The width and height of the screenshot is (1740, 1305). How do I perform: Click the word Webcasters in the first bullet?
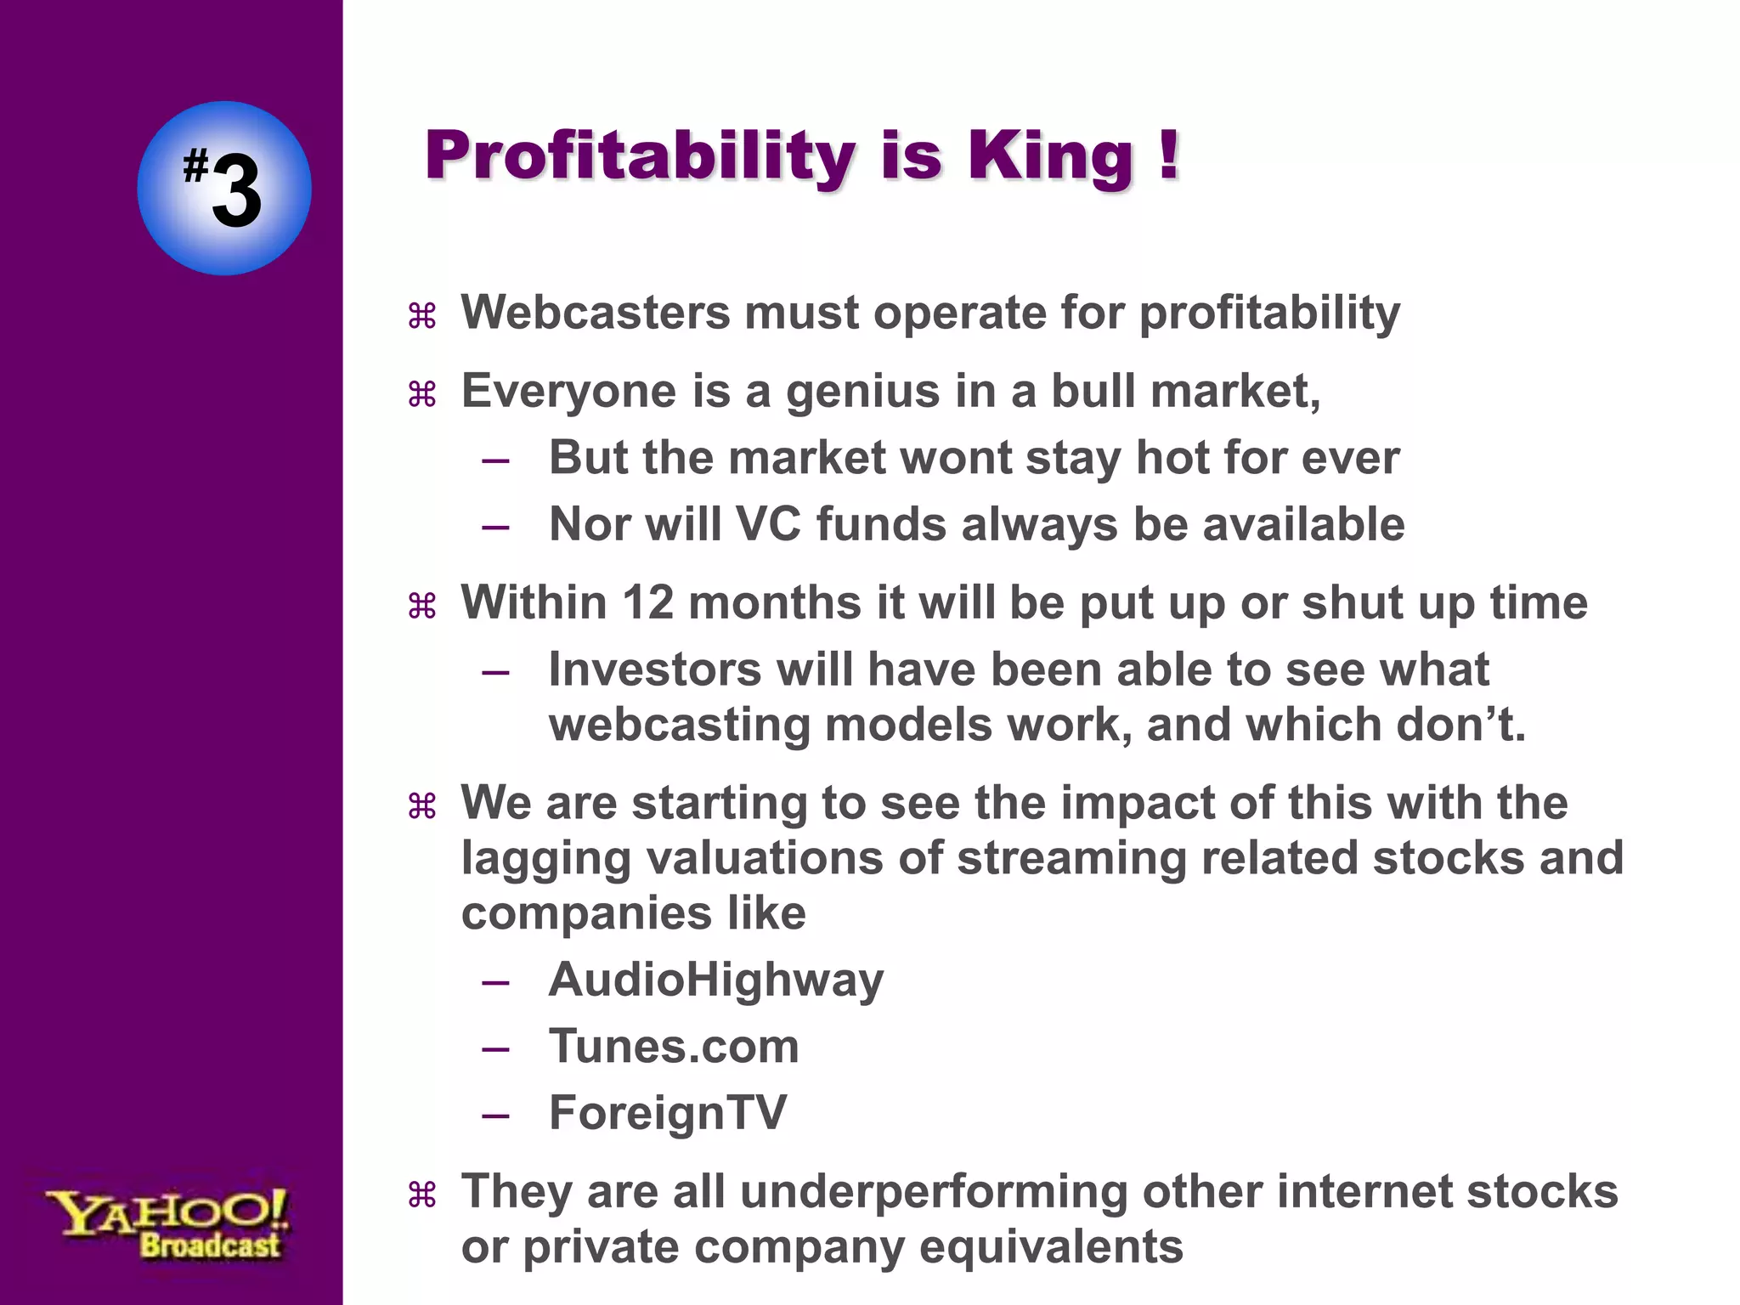(595, 313)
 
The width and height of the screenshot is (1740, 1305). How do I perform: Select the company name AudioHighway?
(715, 980)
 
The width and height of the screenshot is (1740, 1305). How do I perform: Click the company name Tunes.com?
(674, 1047)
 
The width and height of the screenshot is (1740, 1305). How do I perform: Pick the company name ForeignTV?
(668, 1113)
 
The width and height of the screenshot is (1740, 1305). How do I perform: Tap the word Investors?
(655, 669)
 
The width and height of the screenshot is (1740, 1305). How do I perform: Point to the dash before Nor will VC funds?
(495, 528)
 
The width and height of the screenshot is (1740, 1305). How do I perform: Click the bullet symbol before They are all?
(422, 1195)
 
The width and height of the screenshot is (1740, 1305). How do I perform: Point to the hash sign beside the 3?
(195, 167)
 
